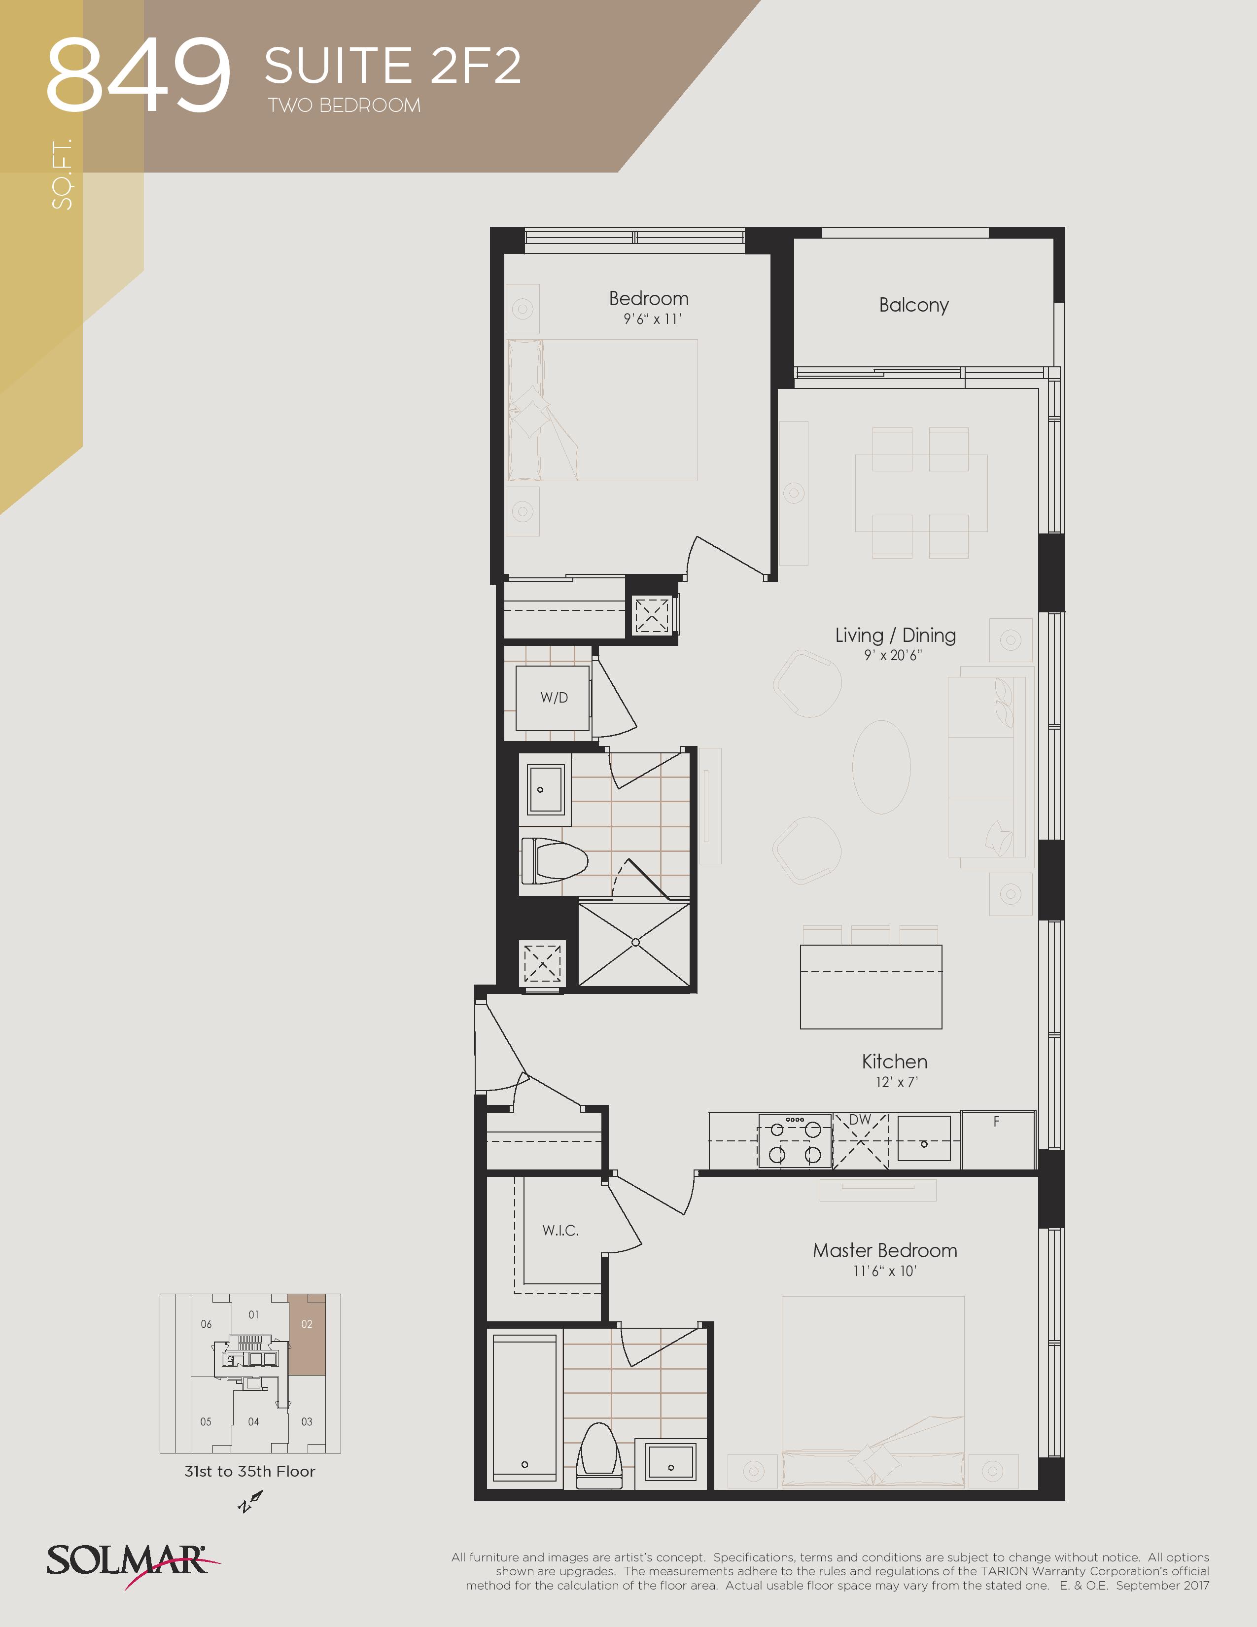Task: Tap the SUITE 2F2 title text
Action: click(x=392, y=66)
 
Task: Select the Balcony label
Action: click(x=914, y=306)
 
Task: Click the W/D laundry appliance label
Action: click(x=554, y=698)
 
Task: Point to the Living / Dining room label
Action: click(x=895, y=636)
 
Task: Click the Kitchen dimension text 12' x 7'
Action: click(x=897, y=1082)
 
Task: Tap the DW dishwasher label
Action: click(x=860, y=1120)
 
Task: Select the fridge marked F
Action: click(x=998, y=1140)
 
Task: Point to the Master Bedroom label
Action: click(x=885, y=1251)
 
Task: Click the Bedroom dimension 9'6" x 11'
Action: click(x=652, y=319)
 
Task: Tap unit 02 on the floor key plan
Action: click(x=307, y=1334)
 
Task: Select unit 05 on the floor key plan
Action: click(x=206, y=1421)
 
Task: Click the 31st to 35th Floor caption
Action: click(x=249, y=1471)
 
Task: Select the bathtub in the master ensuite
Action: click(x=524, y=1407)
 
